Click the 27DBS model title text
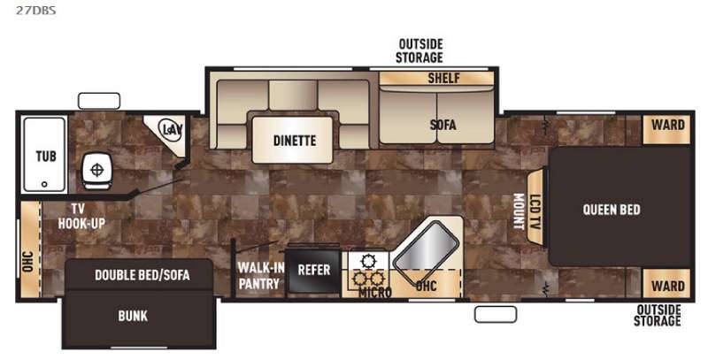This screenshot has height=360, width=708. [36, 11]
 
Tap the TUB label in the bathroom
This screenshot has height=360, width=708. [46, 156]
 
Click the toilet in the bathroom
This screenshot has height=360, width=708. [96, 171]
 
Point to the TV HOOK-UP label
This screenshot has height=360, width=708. [81, 216]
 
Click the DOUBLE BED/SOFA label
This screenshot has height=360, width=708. [142, 275]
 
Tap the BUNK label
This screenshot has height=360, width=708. [133, 316]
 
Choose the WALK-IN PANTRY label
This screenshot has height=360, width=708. [261, 276]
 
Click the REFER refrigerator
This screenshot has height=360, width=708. [314, 271]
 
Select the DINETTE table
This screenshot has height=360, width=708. [293, 140]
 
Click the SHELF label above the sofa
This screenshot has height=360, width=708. [443, 78]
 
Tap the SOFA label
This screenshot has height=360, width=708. [442, 125]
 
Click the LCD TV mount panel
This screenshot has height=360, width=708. [535, 208]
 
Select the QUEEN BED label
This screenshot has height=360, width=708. [612, 210]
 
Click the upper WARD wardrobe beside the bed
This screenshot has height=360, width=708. [666, 130]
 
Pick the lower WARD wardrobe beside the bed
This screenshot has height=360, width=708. [666, 284]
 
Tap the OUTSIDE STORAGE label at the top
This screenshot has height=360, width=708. [419, 51]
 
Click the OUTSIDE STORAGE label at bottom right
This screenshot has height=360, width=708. [658, 316]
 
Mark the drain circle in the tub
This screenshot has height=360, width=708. [44, 184]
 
